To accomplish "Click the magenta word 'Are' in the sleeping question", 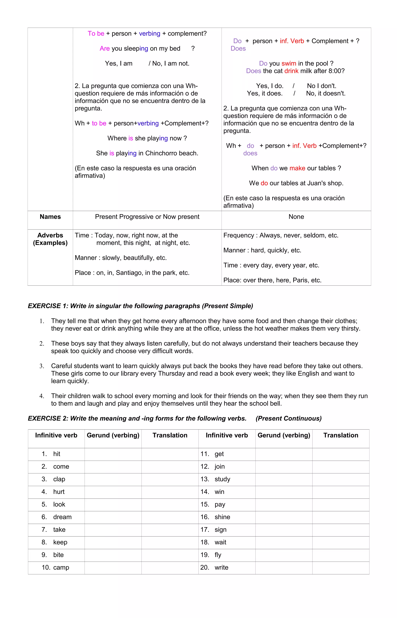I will [x=105, y=48].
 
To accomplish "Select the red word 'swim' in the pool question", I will [x=289, y=63].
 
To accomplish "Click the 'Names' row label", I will [x=50, y=217].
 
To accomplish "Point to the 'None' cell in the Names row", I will [x=296, y=217].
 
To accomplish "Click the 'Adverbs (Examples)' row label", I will [x=50, y=239].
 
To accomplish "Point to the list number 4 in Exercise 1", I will [x=42, y=396].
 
